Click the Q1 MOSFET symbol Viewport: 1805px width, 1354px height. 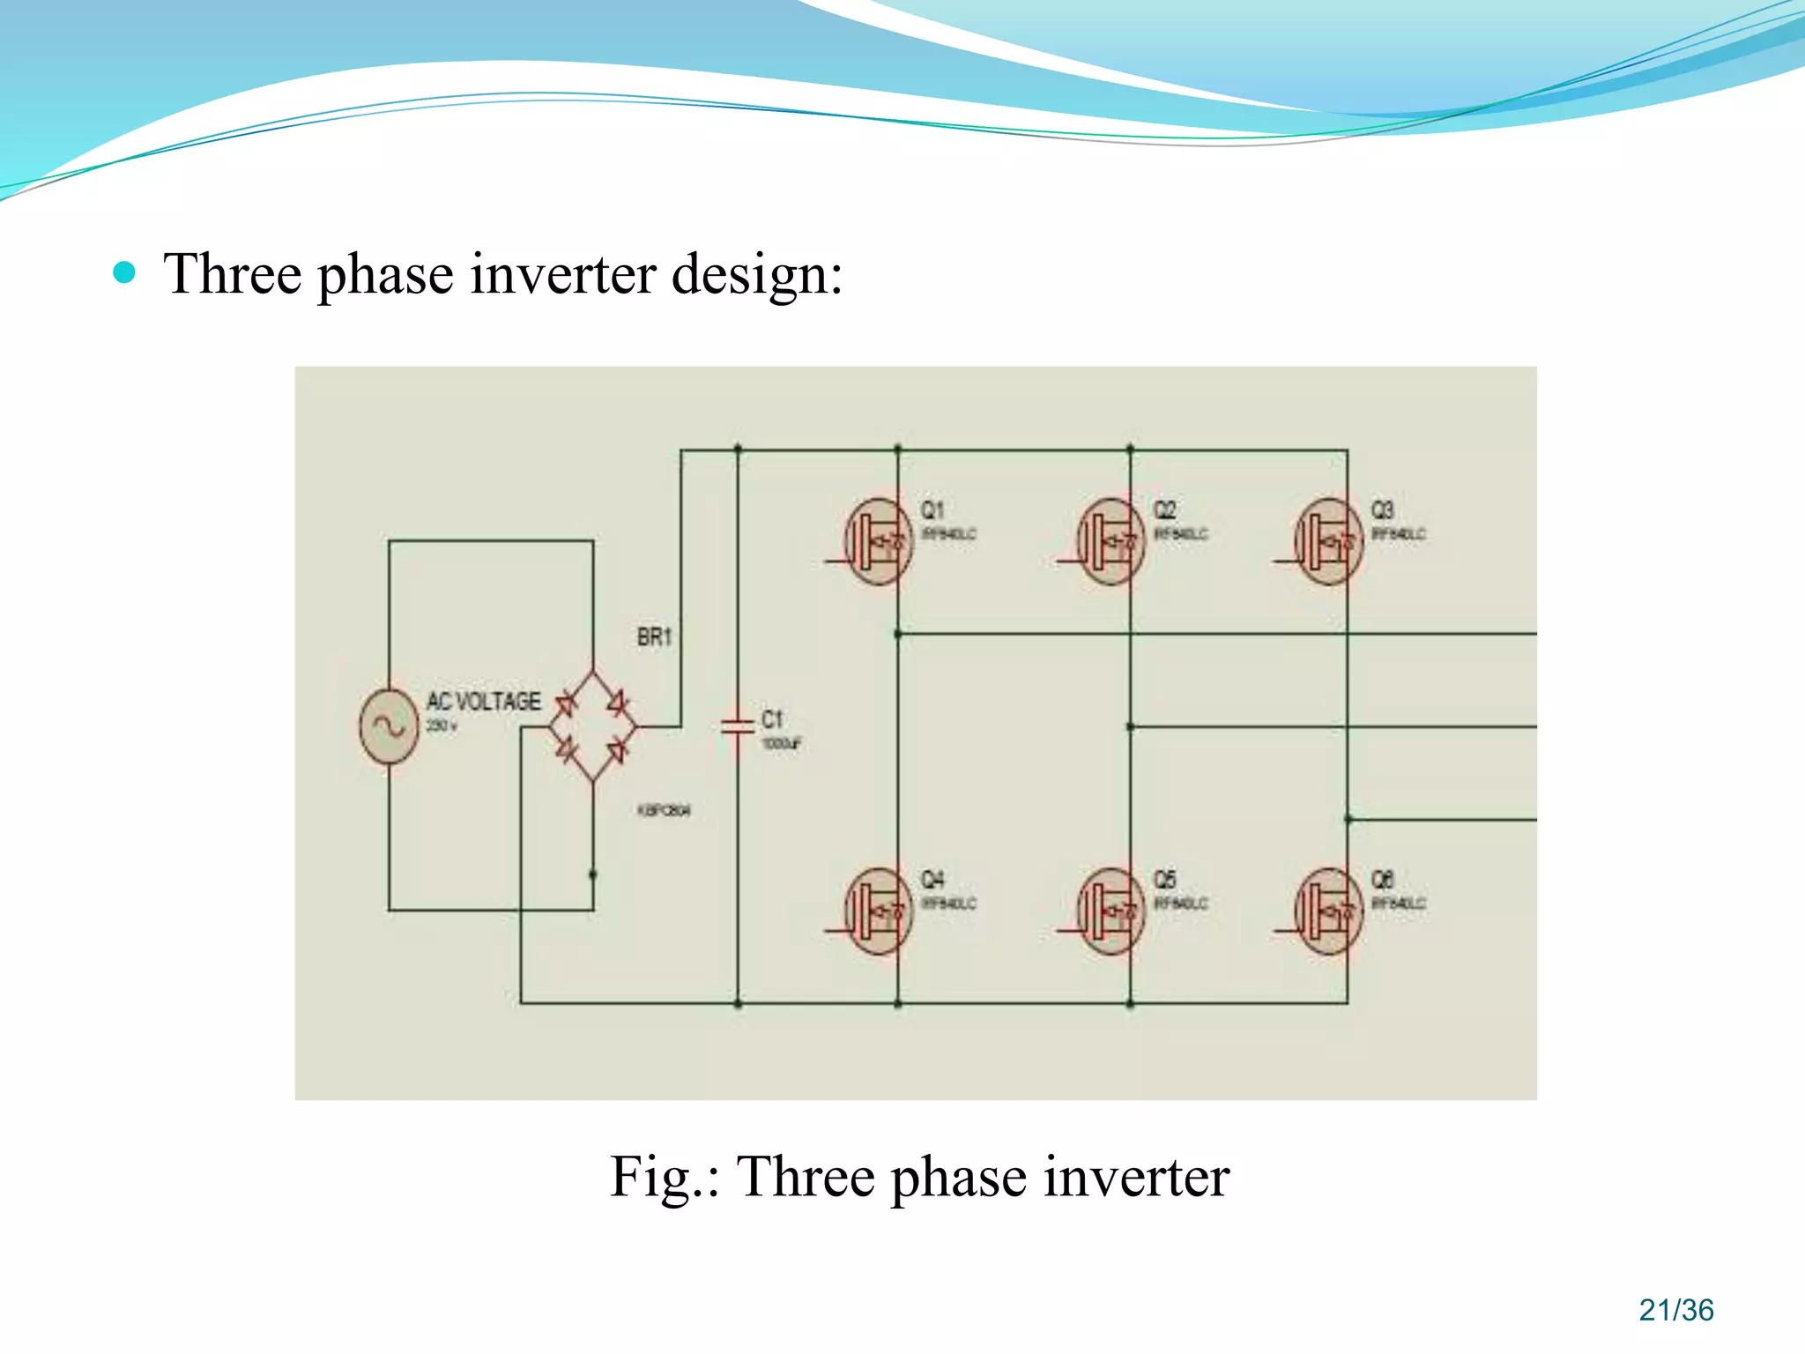(879, 541)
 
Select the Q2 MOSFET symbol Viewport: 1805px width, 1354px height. (1111, 541)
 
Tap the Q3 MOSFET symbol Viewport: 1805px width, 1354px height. (1329, 541)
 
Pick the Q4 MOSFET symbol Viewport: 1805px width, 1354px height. (879, 911)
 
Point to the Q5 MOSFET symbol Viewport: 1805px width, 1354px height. (1111, 911)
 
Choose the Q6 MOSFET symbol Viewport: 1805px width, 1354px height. (1329, 911)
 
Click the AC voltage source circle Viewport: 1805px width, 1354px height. (389, 726)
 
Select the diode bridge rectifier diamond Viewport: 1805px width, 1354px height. (593, 726)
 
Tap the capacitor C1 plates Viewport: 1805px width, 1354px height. (738, 726)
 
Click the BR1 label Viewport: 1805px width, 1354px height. (655, 636)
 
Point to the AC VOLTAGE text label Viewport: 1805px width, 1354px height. (484, 702)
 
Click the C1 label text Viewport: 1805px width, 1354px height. (772, 719)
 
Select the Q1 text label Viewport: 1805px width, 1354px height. (932, 510)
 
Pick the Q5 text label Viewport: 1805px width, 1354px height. (1165, 880)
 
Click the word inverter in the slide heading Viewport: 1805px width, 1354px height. (563, 274)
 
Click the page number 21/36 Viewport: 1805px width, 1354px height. (1676, 1310)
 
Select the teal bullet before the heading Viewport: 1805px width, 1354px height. (125, 272)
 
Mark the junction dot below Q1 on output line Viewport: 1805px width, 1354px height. (898, 634)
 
